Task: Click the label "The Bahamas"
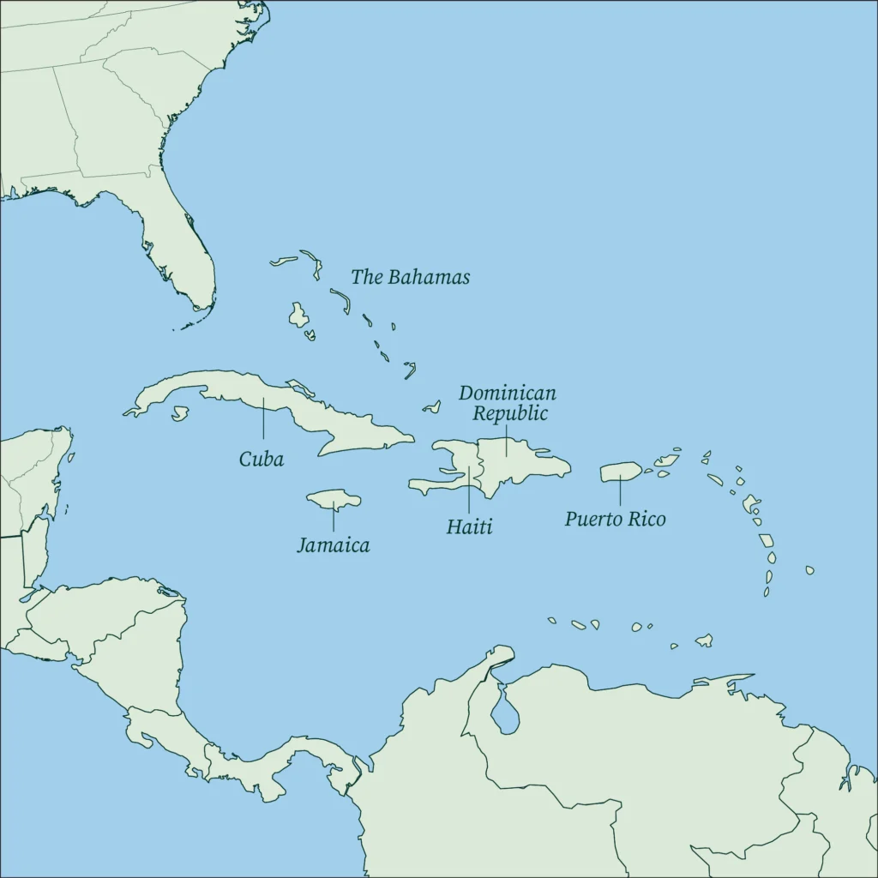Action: tap(410, 277)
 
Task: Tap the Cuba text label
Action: tap(262, 459)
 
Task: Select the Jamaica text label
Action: tap(334, 544)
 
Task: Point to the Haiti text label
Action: tap(469, 526)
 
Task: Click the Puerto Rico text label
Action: tap(615, 519)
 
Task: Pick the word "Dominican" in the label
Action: tap(507, 394)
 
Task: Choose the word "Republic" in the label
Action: tap(511, 413)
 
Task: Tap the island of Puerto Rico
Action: tap(620, 472)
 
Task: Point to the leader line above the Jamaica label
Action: tap(334, 518)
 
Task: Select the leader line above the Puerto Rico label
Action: tap(620, 490)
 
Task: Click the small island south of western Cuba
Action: tap(179, 414)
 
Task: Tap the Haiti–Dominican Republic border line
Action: tap(480, 467)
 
